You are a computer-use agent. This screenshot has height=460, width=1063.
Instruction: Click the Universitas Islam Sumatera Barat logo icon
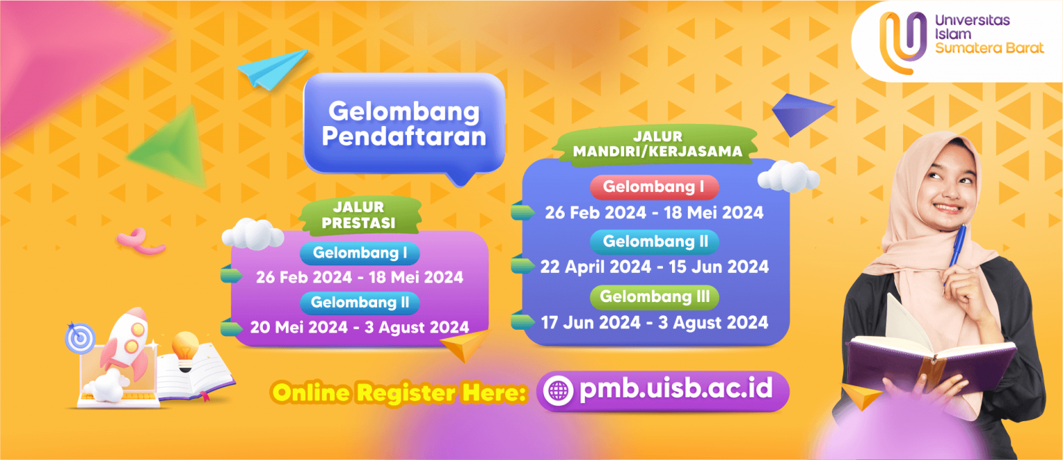pos(903,42)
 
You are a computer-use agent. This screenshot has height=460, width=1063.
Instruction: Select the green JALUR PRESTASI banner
pos(359,215)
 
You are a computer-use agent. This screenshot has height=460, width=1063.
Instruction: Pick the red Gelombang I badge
pos(654,187)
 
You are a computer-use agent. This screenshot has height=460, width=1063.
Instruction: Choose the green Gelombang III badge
pos(655,297)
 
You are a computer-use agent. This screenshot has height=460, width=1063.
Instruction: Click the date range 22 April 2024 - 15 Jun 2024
pos(655,267)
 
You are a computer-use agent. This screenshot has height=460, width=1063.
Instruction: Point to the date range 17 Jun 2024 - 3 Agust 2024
pos(655,323)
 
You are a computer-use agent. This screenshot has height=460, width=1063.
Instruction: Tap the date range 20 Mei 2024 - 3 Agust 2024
pos(359,327)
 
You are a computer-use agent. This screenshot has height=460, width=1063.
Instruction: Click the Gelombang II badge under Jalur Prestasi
pos(360,303)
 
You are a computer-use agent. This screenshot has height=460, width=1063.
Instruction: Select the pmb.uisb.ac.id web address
pos(675,389)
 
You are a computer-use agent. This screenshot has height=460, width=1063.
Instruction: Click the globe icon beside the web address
pos(558,391)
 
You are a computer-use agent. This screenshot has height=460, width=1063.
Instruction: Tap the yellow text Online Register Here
pos(399,393)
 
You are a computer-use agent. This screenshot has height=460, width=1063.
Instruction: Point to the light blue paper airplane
pos(272,69)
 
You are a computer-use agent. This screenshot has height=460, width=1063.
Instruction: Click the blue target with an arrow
pos(80,337)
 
